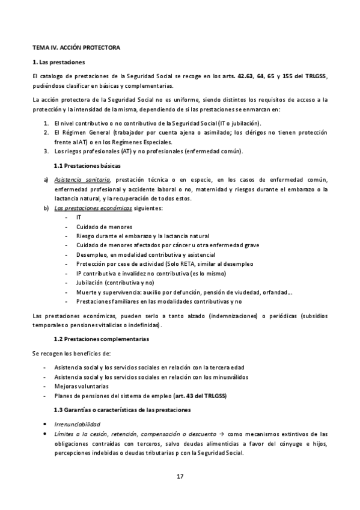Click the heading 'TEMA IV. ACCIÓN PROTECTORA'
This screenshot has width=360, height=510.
click(x=76, y=46)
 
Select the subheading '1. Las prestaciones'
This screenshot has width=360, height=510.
click(x=58, y=62)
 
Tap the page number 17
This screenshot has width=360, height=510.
click(x=180, y=476)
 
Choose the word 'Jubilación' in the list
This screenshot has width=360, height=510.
click(x=92, y=281)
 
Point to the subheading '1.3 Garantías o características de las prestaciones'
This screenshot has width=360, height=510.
click(x=122, y=410)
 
